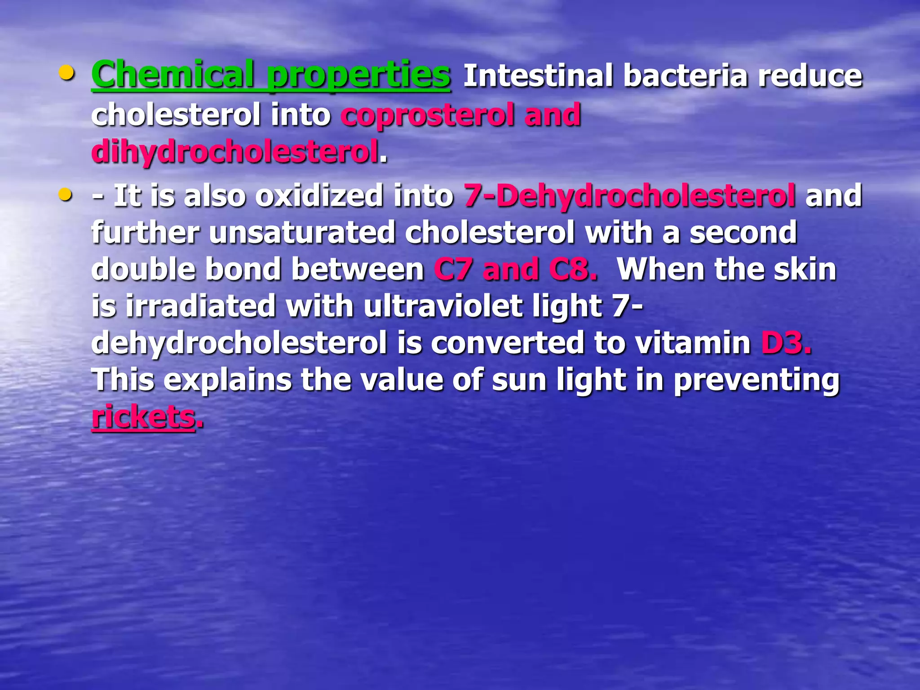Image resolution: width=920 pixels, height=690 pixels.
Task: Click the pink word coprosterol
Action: tap(427, 115)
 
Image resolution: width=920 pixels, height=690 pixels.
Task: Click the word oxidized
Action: tap(319, 196)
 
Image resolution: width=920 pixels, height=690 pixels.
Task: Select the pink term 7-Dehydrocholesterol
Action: tap(629, 196)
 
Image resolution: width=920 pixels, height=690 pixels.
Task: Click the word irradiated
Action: tap(200, 306)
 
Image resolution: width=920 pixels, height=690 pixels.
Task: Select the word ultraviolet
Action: tap(442, 306)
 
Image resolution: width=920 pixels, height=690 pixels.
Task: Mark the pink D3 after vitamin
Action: tap(785, 343)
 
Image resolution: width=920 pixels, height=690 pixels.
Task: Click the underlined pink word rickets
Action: tap(143, 417)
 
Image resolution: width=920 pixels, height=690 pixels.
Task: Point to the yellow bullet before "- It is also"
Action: tap(66, 195)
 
